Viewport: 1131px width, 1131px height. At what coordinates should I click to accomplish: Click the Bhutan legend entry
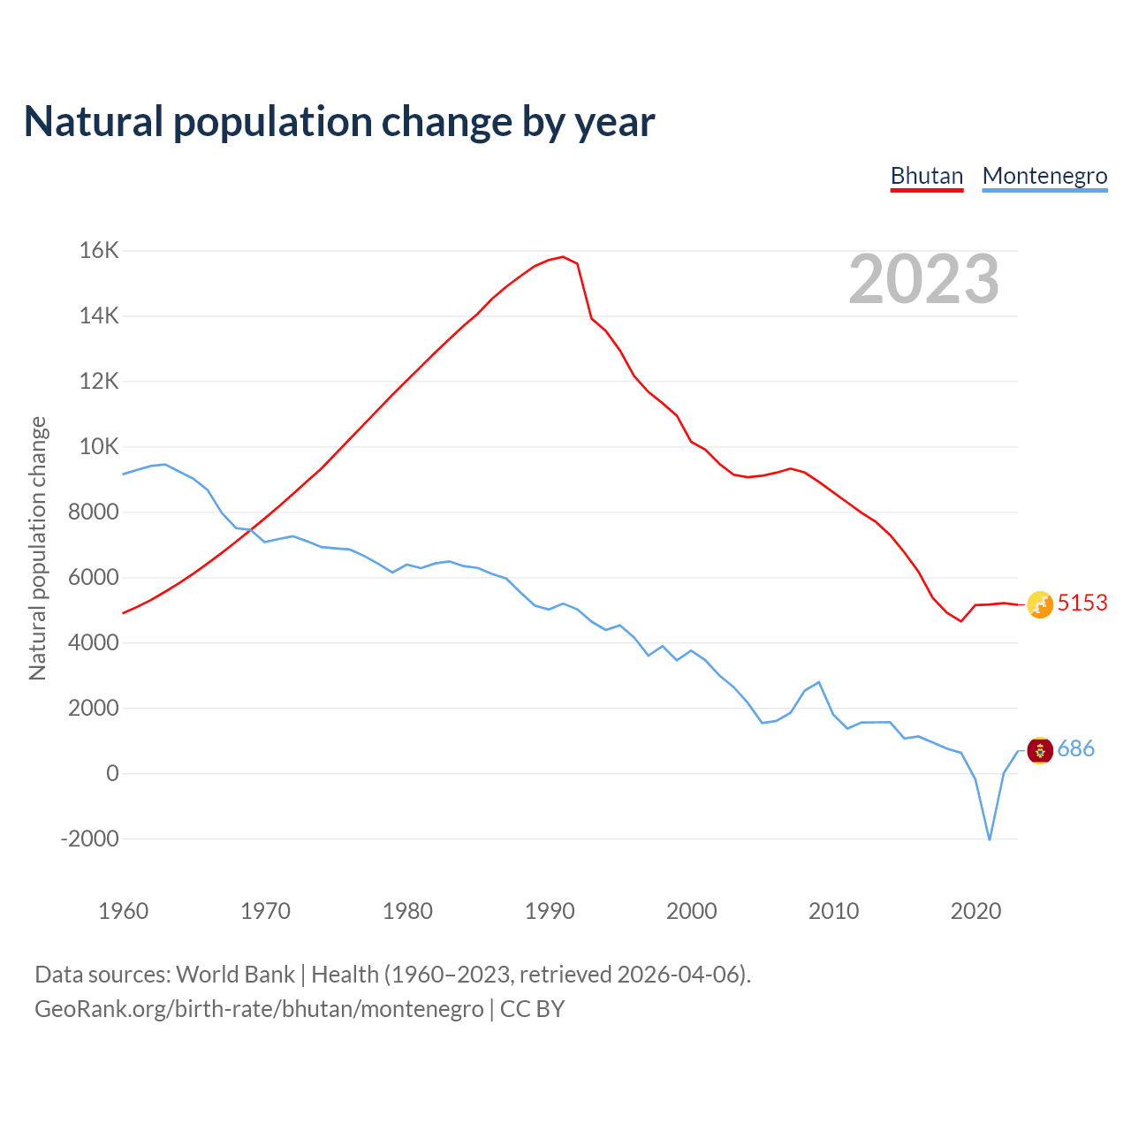tap(926, 176)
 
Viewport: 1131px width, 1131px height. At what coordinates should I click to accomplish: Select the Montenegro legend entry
tap(1044, 176)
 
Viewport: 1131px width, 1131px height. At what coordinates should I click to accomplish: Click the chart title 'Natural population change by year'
tap(339, 122)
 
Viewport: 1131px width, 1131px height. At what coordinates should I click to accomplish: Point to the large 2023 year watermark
tap(923, 279)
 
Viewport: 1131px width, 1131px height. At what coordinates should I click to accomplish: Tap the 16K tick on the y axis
tap(99, 251)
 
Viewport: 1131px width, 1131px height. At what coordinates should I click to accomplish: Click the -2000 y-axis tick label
tap(89, 839)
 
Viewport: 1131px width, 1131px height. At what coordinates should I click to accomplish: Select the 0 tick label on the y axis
tap(112, 773)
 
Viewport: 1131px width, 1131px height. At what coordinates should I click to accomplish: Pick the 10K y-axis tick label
tap(99, 447)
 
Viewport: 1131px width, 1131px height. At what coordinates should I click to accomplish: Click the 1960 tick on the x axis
tap(124, 911)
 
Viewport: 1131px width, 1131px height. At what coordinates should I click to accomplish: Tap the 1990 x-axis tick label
tap(550, 911)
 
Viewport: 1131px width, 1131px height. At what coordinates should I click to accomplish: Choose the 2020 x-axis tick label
tap(975, 911)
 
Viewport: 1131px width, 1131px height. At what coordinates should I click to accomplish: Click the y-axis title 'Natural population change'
tap(38, 548)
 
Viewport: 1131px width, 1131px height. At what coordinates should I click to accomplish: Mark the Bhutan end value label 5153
tap(1082, 603)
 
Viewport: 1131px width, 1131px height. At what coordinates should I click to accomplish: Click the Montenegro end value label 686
tap(1076, 749)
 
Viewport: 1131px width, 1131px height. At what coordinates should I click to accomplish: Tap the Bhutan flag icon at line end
tap(1040, 604)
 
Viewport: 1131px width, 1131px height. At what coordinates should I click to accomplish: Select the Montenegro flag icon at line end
tap(1040, 750)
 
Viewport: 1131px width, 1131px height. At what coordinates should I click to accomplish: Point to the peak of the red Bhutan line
tap(563, 257)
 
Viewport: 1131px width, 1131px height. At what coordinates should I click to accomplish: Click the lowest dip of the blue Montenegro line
tap(990, 839)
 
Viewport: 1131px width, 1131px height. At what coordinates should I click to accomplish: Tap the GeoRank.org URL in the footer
tap(259, 1009)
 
